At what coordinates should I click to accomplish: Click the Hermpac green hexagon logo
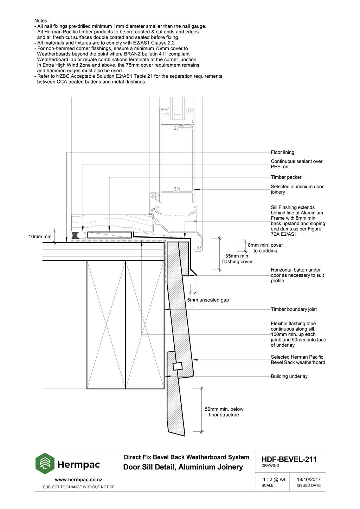click(x=45, y=463)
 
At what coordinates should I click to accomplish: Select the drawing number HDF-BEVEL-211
click(x=289, y=459)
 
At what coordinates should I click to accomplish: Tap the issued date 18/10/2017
click(x=308, y=479)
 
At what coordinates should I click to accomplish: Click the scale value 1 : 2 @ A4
click(x=274, y=479)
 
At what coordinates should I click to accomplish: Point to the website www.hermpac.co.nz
click(x=78, y=479)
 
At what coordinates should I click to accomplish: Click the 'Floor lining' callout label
click(x=282, y=152)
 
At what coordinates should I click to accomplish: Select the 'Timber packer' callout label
click(x=286, y=177)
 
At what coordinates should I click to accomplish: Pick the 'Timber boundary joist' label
click(x=294, y=309)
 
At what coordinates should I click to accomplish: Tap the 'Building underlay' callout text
click(x=289, y=376)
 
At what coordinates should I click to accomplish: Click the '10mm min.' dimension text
click(x=40, y=237)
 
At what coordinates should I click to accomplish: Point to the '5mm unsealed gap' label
click(x=208, y=300)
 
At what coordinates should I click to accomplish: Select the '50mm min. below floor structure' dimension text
click(x=224, y=412)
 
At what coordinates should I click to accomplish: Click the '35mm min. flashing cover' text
click(x=237, y=259)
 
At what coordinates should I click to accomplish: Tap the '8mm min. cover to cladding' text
click(x=265, y=248)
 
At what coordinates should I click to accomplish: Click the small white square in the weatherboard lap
click(x=177, y=366)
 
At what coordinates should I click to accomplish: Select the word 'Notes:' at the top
click(x=41, y=21)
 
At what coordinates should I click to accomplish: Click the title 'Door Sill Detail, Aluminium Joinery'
click(x=183, y=467)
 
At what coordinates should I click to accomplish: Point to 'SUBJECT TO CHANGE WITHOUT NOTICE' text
click(x=78, y=487)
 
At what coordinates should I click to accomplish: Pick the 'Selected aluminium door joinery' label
click(x=297, y=189)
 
